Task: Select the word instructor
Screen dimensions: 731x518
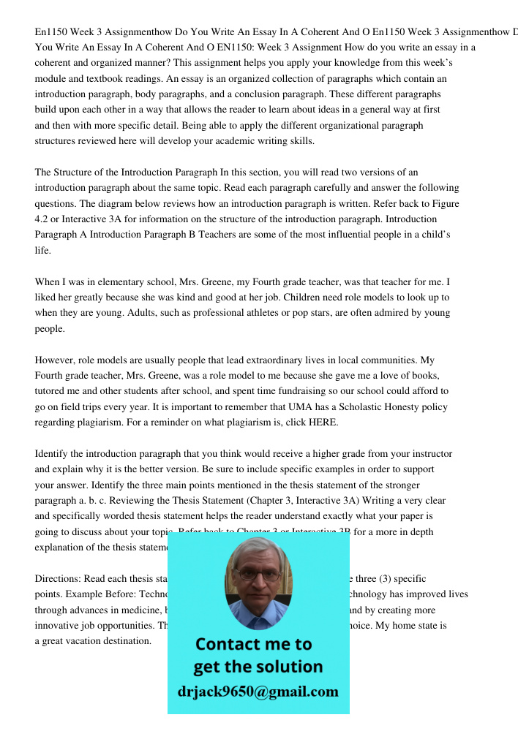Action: (429, 454)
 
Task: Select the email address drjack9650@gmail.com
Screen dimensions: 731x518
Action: (258, 692)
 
